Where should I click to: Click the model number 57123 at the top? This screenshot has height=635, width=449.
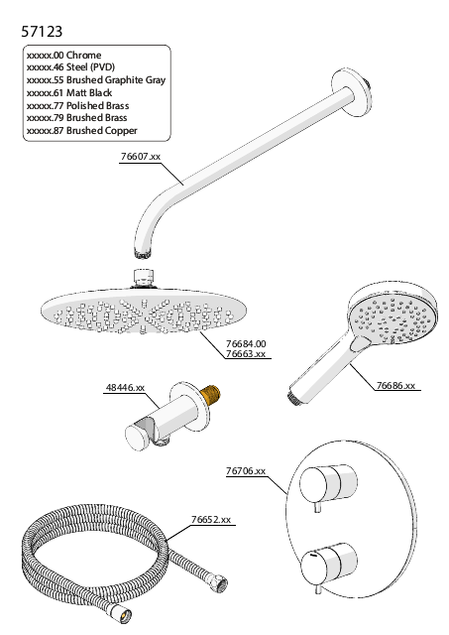point(42,31)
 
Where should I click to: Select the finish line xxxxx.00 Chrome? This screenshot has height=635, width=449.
point(63,56)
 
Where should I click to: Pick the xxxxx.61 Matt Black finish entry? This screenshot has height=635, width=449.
point(69,92)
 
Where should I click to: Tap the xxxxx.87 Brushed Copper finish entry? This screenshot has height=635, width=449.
point(81,130)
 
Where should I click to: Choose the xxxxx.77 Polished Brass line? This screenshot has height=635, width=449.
point(77,106)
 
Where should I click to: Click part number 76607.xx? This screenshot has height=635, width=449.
point(141,157)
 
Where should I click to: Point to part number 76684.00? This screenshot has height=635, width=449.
point(246,344)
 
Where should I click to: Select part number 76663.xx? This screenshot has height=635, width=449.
point(246,354)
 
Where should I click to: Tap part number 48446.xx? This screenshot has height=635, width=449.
point(126,388)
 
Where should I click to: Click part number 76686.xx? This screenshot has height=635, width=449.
point(396,386)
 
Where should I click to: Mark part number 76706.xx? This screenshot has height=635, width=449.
point(246,471)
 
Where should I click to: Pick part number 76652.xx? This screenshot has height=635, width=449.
point(211,520)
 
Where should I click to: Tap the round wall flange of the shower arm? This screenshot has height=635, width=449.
point(352,90)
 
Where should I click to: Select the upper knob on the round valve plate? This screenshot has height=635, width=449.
point(328,484)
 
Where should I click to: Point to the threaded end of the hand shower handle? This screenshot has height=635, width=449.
point(294,397)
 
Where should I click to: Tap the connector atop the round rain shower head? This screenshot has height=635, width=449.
point(144,279)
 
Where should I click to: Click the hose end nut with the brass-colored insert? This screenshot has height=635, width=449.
point(120,613)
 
